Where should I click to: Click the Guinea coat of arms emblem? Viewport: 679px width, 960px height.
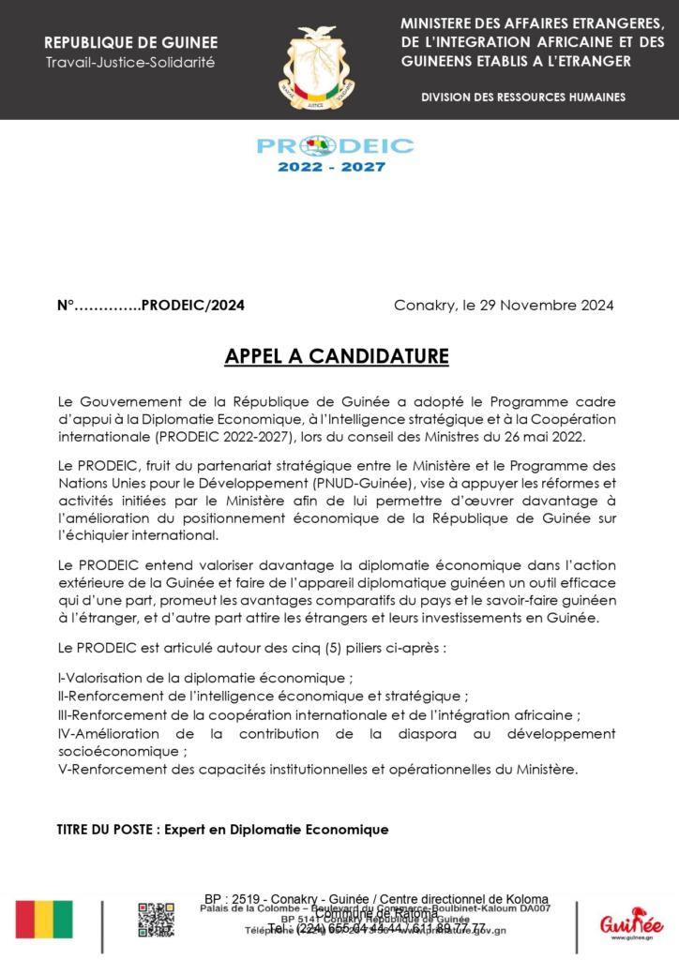point(316,67)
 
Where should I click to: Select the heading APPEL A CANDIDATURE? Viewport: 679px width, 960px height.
point(337,357)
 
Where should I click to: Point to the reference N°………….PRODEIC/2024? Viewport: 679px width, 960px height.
point(151,306)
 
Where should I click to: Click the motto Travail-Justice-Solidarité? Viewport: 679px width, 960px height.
point(130,63)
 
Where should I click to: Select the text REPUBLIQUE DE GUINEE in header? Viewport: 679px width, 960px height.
point(130,43)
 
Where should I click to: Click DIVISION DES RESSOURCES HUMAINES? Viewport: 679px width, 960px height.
point(523,97)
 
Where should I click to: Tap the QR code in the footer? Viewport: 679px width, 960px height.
point(156,920)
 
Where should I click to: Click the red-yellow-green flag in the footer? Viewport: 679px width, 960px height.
point(44,920)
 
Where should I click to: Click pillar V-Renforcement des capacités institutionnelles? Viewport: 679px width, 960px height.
point(318,770)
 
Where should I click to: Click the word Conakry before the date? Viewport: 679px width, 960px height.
point(422,306)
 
